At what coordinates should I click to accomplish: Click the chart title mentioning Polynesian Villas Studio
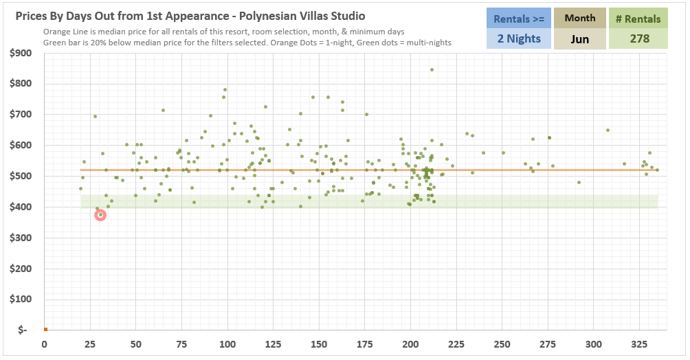coord(190,16)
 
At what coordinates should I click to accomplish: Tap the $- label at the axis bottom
coord(23,330)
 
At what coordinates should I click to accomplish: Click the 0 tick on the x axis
coord(45,344)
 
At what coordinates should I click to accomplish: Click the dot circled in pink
coord(100,215)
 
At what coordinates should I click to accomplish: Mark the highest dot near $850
coord(432,69)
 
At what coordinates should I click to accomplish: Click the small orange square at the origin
coord(45,330)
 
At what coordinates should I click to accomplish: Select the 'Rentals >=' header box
coord(519,19)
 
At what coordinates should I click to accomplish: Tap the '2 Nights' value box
coord(519,38)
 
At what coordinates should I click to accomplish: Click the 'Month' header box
coord(579,19)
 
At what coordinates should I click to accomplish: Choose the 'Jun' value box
coord(579,38)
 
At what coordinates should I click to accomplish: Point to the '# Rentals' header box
coord(639,19)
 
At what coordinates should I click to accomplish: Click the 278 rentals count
coord(639,38)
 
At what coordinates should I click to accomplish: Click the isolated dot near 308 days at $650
coord(608,130)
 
